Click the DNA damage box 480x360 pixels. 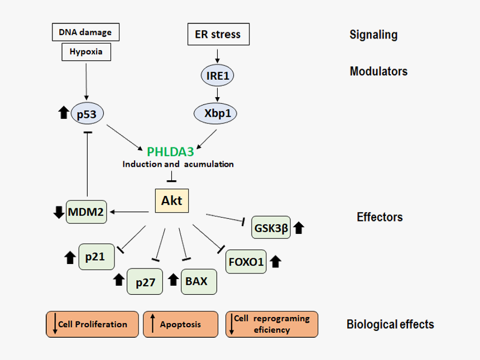point(85,32)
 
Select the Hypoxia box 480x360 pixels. point(85,52)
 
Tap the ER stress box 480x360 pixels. point(218,34)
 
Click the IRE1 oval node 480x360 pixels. point(218,75)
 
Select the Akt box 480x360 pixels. point(171,200)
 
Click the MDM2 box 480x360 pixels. point(87,212)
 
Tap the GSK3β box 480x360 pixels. point(271,227)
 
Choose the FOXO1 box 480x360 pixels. point(246,261)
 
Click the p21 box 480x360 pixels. point(96,257)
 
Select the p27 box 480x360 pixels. point(145,282)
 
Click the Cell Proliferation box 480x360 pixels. point(92,324)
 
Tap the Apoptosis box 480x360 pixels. point(180,324)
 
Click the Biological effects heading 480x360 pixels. point(390,324)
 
